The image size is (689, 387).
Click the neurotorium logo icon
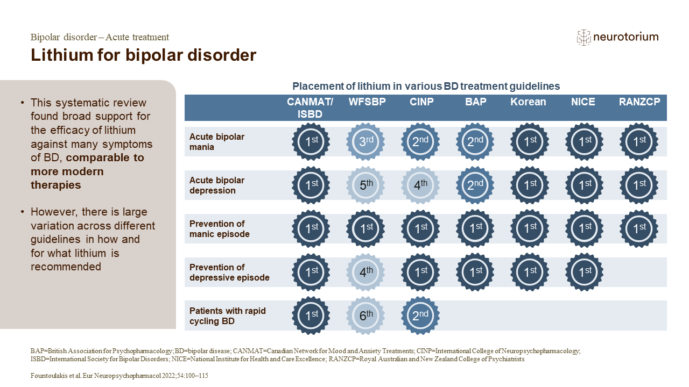click(x=583, y=37)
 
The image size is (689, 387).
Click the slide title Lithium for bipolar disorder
click(x=143, y=55)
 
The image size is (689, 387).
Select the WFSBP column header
click(x=367, y=102)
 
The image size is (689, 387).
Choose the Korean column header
click(x=528, y=102)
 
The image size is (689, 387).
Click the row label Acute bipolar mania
click(x=217, y=142)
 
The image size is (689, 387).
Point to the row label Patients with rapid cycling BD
click(x=227, y=316)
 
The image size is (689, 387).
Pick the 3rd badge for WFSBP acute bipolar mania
click(x=365, y=142)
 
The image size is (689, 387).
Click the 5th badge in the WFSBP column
click(x=365, y=185)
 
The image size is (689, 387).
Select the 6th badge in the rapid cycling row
click(x=365, y=316)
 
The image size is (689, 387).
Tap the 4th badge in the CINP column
click(x=420, y=185)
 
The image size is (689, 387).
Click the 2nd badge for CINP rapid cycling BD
click(x=420, y=316)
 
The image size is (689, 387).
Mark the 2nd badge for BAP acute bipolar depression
click(x=475, y=185)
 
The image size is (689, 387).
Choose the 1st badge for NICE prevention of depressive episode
click(x=584, y=273)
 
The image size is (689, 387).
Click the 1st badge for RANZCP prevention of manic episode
click(x=638, y=229)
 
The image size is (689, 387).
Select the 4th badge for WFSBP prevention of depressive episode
click(x=365, y=273)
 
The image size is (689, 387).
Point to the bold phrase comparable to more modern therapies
click(x=87, y=171)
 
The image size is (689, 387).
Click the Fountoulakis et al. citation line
click(x=119, y=376)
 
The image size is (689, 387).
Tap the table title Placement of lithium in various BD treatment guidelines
click(x=426, y=86)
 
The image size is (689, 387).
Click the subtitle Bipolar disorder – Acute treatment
click(x=100, y=37)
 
